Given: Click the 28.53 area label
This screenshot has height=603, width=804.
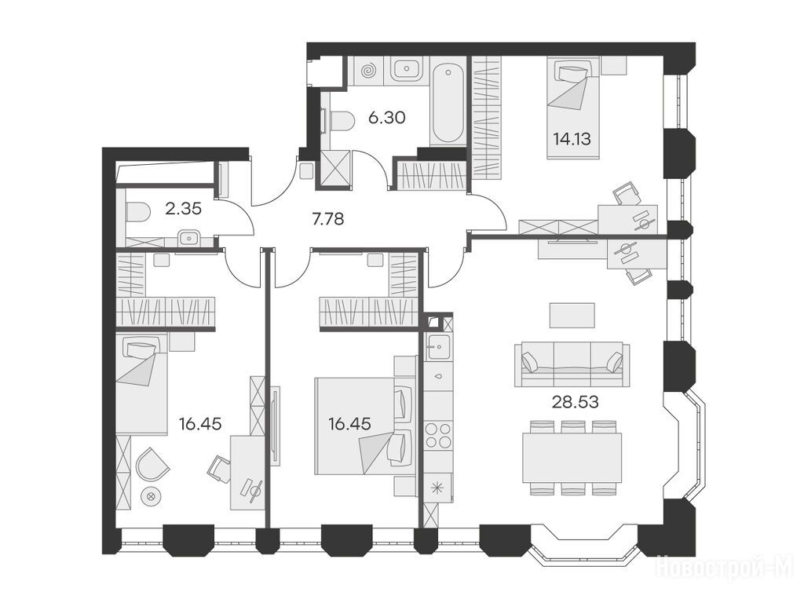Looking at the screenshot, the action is pyautogui.click(x=575, y=402).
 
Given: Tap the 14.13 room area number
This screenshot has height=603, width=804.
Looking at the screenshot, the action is pyautogui.click(x=572, y=138).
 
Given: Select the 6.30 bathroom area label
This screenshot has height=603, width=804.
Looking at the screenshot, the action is pyautogui.click(x=387, y=118).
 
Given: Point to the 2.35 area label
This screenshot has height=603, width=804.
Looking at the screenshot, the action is pyautogui.click(x=183, y=209).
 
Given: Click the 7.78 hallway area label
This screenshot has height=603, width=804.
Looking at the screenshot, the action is pyautogui.click(x=328, y=220).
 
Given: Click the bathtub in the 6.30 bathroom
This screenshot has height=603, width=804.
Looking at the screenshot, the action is pyautogui.click(x=448, y=101).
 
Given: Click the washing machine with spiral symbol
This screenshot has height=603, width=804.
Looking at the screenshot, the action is pyautogui.click(x=368, y=71).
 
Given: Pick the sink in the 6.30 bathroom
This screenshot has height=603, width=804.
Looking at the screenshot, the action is pyautogui.click(x=407, y=68).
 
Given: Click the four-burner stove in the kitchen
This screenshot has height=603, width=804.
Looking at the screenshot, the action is pyautogui.click(x=439, y=435).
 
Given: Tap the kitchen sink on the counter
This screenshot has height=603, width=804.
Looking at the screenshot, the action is pyautogui.click(x=438, y=348).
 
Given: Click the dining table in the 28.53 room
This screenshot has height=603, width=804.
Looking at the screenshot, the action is pyautogui.click(x=572, y=458).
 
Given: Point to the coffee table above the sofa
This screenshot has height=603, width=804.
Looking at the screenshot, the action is pyautogui.click(x=572, y=315).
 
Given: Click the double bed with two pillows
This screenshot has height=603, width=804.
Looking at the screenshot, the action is pyautogui.click(x=364, y=426).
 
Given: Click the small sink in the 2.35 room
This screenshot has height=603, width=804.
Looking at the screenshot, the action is pyautogui.click(x=189, y=238).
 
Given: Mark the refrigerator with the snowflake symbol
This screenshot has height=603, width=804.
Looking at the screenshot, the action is pyautogui.click(x=438, y=487).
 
